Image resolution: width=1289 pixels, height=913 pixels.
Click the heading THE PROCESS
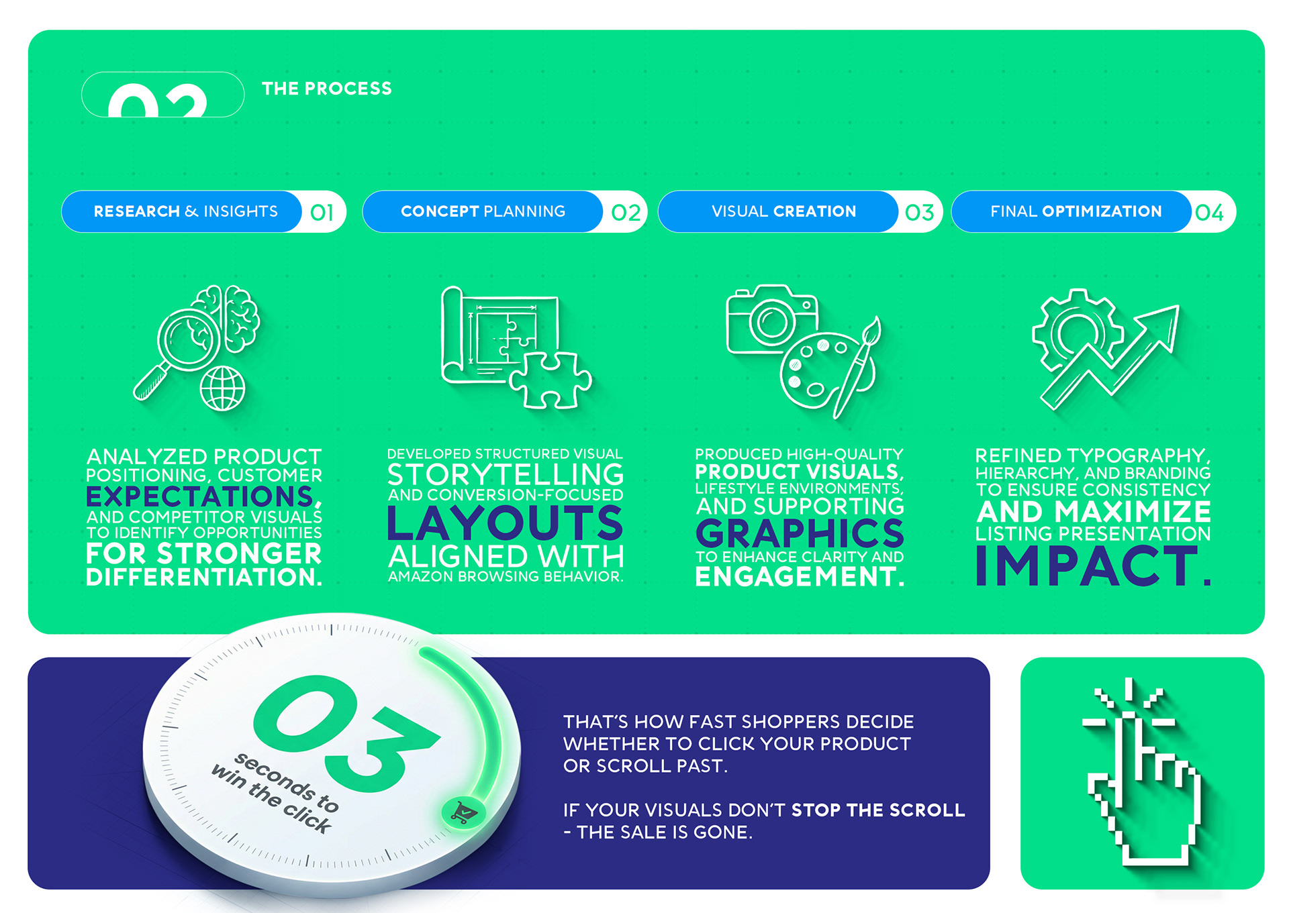click(x=326, y=89)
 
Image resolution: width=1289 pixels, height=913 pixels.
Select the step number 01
click(x=322, y=213)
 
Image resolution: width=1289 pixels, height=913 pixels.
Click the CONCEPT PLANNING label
click(x=483, y=211)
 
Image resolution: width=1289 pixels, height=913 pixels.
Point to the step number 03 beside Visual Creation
click(x=919, y=213)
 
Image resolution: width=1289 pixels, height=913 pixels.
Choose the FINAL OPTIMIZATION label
click(x=1076, y=211)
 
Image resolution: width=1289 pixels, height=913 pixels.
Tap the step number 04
click(x=1209, y=213)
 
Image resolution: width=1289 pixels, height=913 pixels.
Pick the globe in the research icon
click(x=223, y=388)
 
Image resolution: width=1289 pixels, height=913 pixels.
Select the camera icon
click(x=772, y=319)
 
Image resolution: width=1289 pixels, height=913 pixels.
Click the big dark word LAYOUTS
click(x=506, y=523)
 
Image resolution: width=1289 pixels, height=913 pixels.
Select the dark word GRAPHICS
click(x=800, y=533)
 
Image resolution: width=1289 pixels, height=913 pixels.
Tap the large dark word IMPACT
click(x=1093, y=566)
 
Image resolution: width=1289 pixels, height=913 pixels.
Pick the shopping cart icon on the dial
click(x=463, y=813)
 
